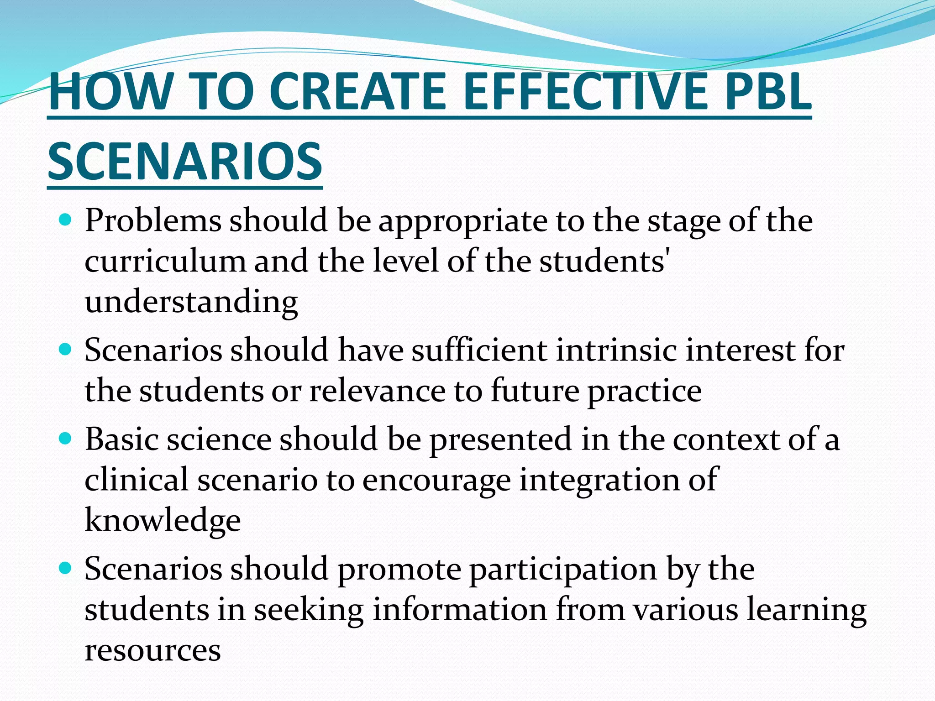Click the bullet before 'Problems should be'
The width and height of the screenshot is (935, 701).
pos(66,221)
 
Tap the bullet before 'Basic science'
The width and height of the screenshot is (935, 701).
pos(66,439)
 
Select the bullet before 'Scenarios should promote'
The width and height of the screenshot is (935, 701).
pos(66,568)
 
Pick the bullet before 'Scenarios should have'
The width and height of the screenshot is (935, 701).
pos(66,350)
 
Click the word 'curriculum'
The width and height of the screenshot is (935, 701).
pos(165,262)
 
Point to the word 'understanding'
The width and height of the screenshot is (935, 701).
pos(191,303)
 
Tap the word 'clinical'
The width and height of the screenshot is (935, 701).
pos(137,480)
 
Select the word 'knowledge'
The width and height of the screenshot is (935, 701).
pos(163,521)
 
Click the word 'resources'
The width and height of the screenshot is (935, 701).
pos(153,650)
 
